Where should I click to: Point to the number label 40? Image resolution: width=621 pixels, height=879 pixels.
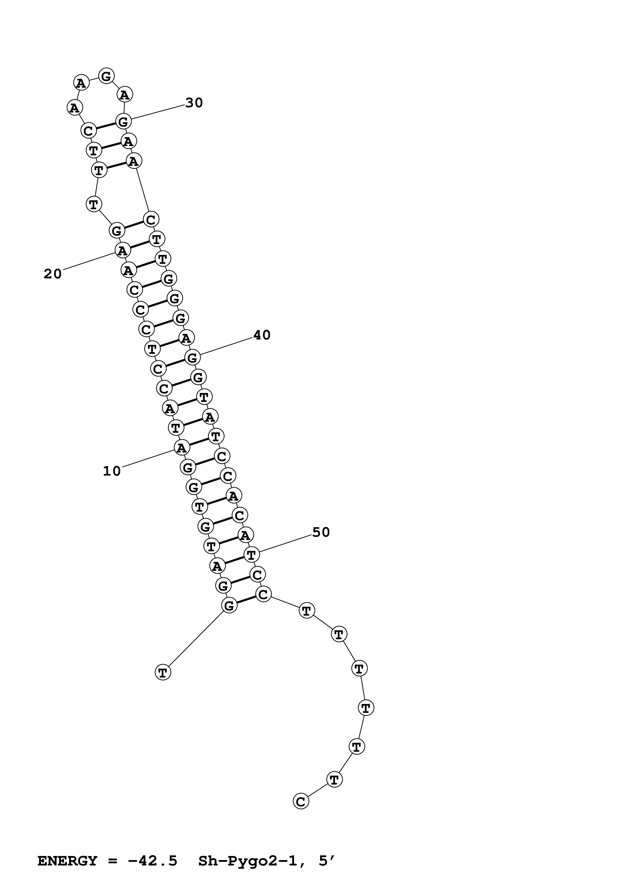tap(262, 335)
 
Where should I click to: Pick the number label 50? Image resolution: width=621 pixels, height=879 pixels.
tap(321, 532)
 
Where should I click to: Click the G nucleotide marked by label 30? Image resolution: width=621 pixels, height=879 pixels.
tap(123, 122)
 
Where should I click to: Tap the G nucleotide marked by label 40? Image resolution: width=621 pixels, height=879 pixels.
tap(192, 358)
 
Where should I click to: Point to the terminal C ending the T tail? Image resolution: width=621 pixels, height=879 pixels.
tap(301, 801)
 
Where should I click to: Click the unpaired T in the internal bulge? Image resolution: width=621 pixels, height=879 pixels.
tap(94, 204)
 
